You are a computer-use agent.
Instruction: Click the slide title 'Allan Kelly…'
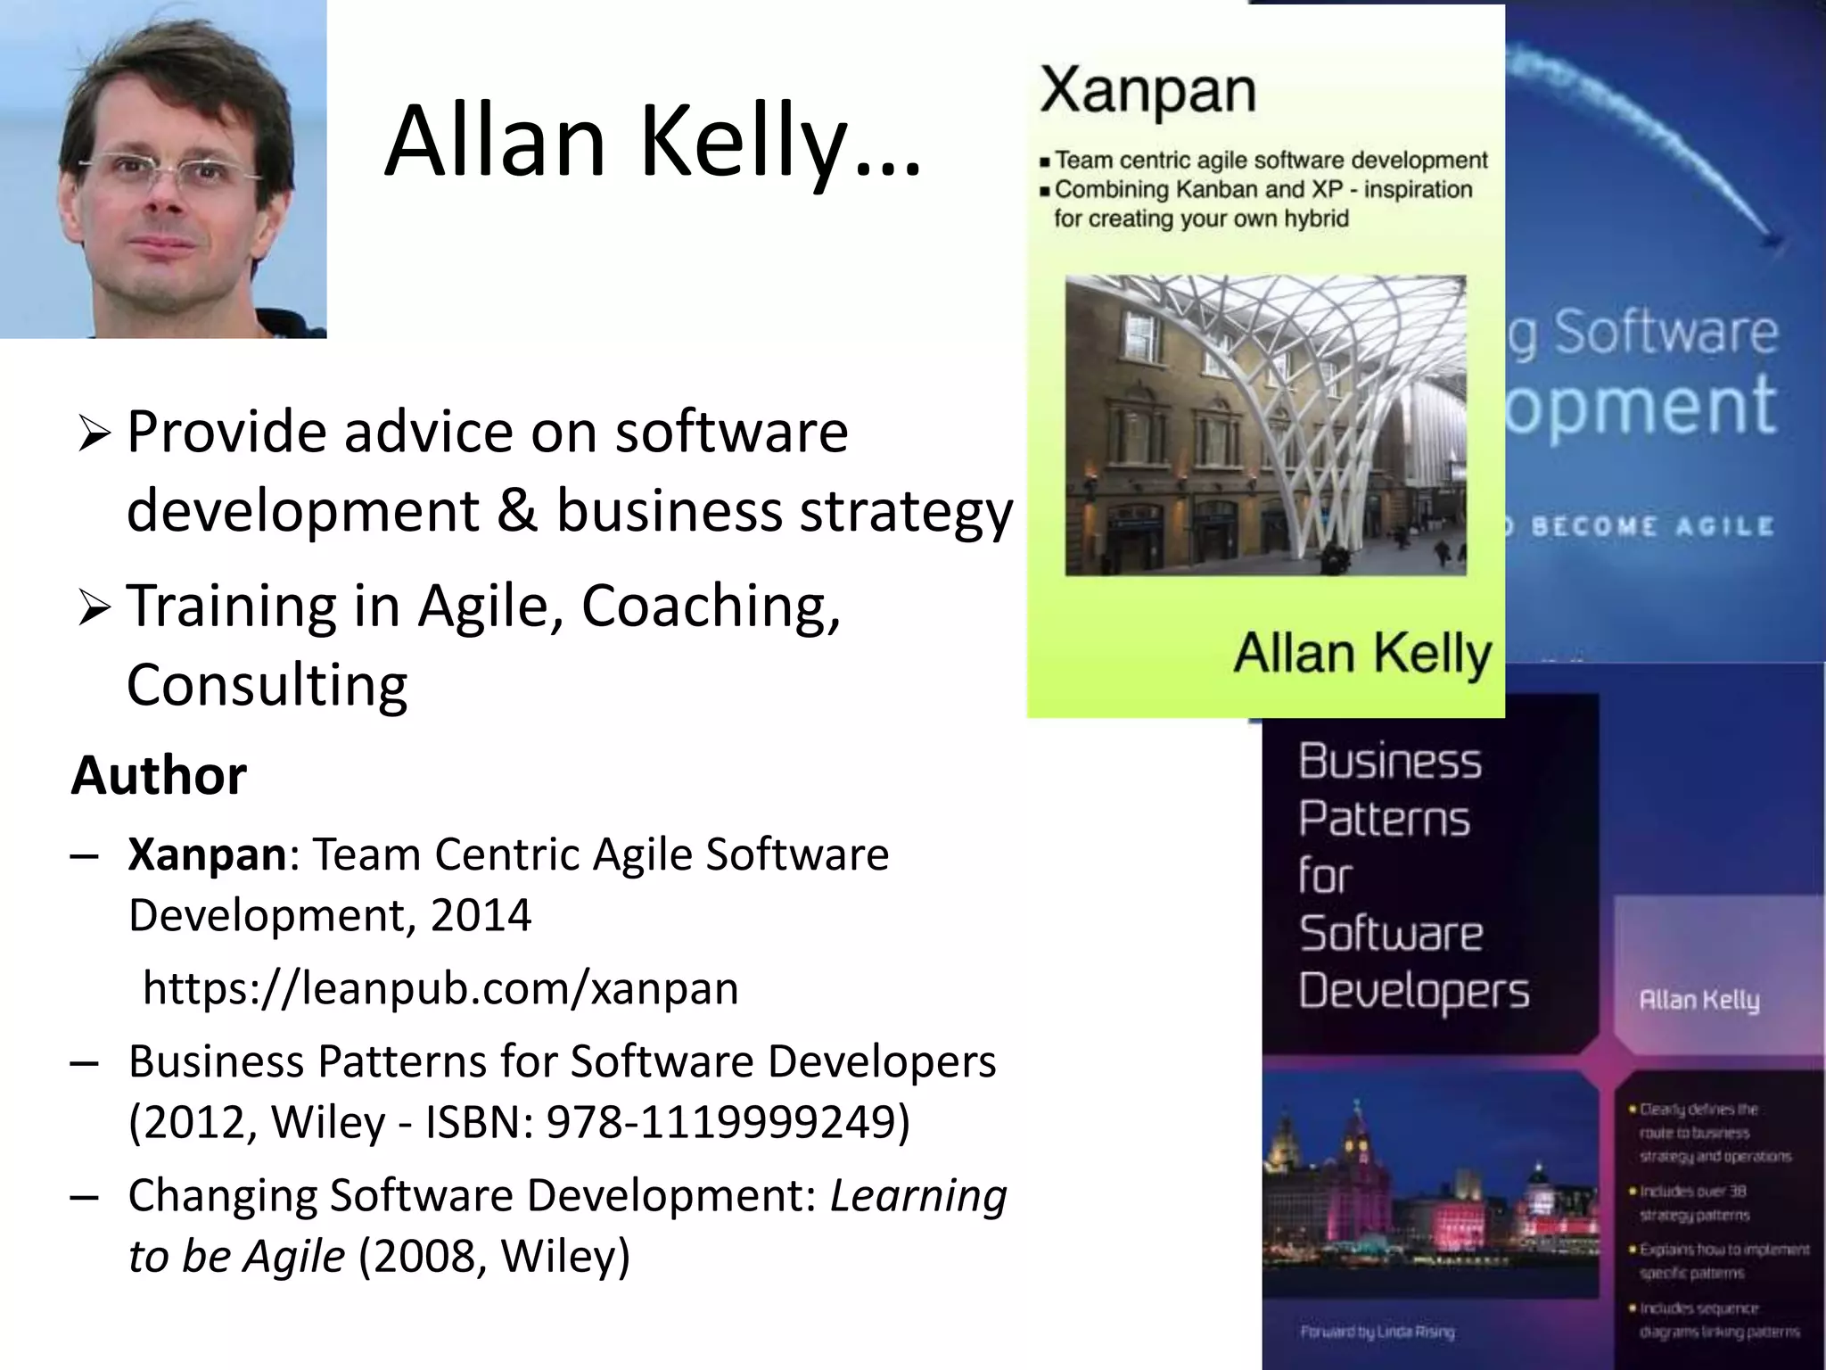click(x=653, y=143)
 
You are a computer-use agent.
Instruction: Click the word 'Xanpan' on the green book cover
click(x=1147, y=91)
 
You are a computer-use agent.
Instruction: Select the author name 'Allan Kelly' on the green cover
click(x=1361, y=654)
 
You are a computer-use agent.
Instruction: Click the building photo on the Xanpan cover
click(x=1265, y=425)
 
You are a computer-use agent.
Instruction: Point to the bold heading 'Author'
click(x=159, y=774)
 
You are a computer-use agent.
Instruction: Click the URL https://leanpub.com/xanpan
click(x=440, y=988)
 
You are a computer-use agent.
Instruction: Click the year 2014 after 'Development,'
click(x=481, y=915)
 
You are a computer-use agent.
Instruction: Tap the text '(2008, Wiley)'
click(x=494, y=1256)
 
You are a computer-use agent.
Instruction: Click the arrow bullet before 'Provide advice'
click(x=94, y=434)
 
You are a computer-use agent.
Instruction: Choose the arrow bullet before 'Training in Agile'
click(x=94, y=608)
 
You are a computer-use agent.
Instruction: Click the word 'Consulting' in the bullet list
click(x=267, y=685)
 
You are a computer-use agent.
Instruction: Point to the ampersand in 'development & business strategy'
click(x=517, y=511)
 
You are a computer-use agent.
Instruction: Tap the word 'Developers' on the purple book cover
click(x=1413, y=992)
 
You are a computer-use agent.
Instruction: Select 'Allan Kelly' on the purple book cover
click(x=1699, y=1000)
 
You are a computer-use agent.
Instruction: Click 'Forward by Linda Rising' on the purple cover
click(x=1377, y=1332)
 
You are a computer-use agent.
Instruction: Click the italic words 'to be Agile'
click(x=236, y=1256)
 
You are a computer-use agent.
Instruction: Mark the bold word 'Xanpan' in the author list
click(x=207, y=854)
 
